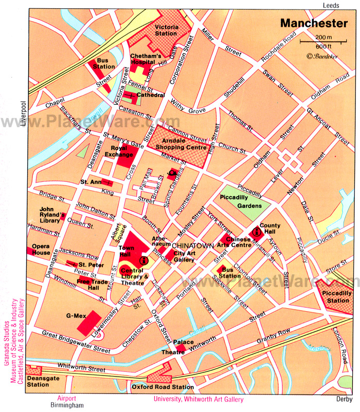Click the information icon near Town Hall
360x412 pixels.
coord(143,261)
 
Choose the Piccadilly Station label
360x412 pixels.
coord(335,297)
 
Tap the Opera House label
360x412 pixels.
coord(41,249)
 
